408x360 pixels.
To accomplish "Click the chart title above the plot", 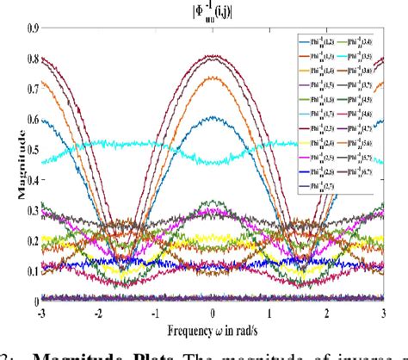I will [213, 11].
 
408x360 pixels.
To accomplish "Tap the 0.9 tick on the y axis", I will [32, 28].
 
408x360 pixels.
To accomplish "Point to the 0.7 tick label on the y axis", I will [32, 89].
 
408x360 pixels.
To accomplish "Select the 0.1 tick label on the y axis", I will [32, 270].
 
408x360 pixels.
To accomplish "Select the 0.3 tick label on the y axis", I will [32, 210].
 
